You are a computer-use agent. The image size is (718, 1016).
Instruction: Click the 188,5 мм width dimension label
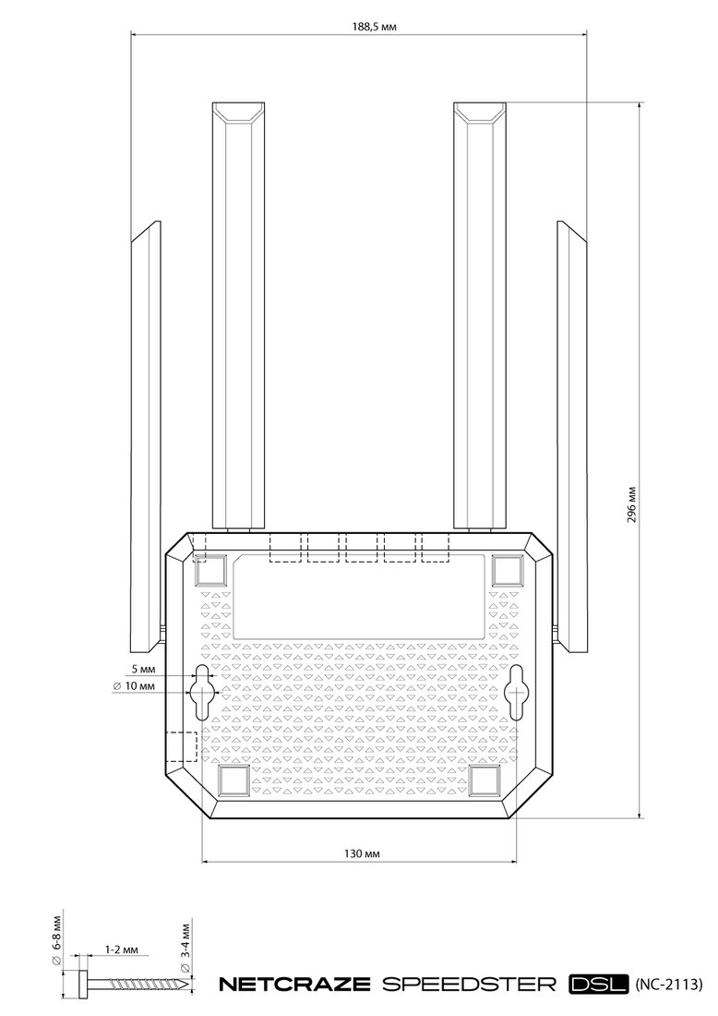point(374,27)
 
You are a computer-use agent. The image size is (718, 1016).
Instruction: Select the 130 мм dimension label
point(361,853)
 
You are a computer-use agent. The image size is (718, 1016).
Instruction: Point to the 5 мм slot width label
point(143,668)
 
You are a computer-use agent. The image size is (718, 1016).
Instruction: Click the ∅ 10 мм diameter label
point(134,685)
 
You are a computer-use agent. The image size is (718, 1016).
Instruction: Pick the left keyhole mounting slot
point(203,692)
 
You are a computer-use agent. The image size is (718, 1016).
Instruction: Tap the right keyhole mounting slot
point(517,692)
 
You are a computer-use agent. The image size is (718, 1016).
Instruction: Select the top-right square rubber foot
point(507,570)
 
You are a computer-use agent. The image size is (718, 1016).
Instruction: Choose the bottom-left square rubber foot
point(233,780)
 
